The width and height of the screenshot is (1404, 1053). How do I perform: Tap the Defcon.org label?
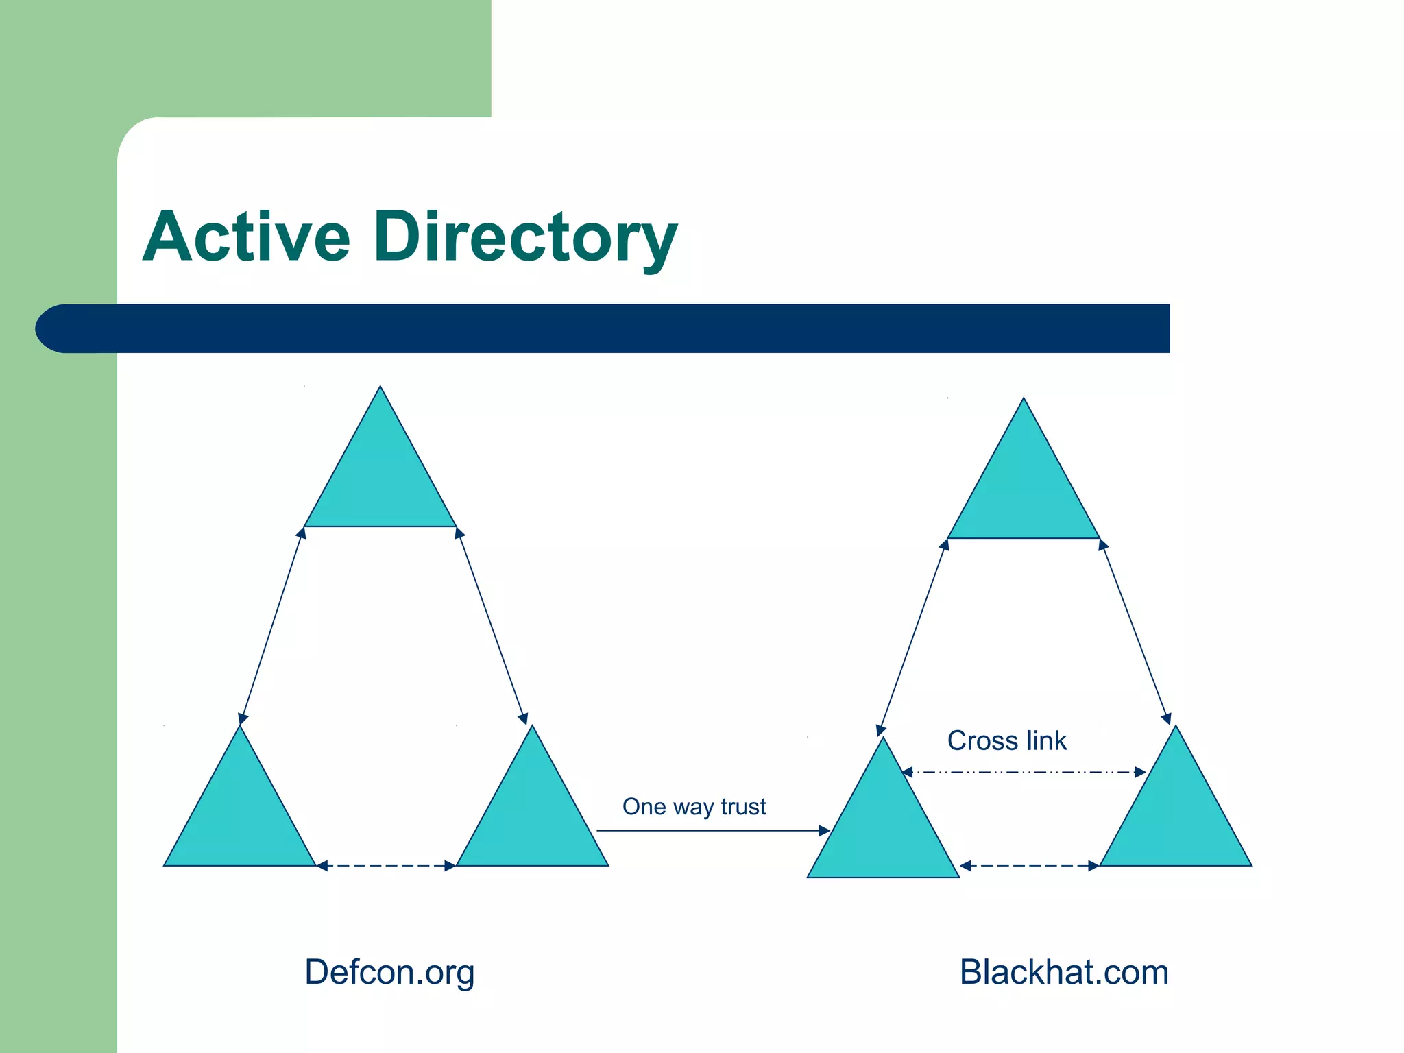pos(389,972)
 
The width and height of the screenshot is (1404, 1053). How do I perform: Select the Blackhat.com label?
pos(1063,972)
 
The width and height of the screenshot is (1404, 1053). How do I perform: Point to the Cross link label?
pos(1006,740)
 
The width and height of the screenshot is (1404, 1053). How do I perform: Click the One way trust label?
pos(694,806)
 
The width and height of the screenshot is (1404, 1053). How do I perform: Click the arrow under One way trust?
pos(713,831)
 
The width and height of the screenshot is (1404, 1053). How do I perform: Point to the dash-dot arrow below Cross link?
pos(1024,773)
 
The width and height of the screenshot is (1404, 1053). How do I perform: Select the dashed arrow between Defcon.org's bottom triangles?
pos(386,866)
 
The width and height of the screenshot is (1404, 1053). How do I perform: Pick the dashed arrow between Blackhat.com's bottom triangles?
pos(1029,866)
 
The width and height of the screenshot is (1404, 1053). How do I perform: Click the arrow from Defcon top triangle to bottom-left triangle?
pos(271,625)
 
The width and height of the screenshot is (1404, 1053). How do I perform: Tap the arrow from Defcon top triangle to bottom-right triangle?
pos(492,625)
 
